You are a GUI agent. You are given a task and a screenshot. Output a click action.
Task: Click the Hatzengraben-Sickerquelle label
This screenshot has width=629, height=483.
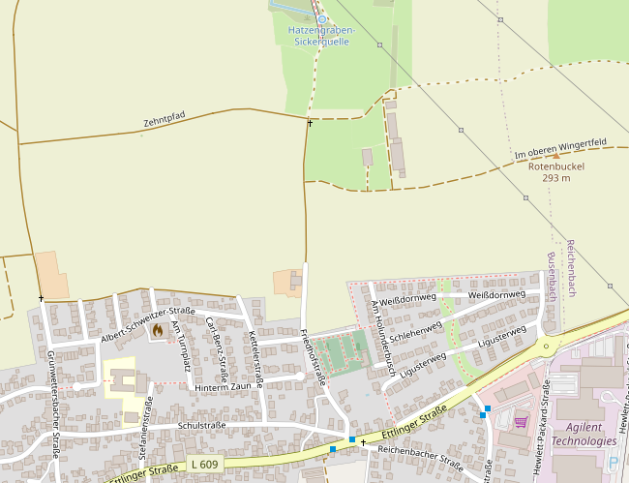click(321, 36)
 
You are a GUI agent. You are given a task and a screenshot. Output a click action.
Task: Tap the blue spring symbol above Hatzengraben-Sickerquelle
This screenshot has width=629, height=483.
click(322, 18)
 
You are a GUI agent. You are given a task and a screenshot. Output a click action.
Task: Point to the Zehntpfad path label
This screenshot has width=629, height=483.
click(164, 120)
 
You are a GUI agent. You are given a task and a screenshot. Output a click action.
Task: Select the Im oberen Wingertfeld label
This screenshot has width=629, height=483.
click(560, 148)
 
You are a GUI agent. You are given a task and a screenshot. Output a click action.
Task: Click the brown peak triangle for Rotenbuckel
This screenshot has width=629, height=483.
click(555, 155)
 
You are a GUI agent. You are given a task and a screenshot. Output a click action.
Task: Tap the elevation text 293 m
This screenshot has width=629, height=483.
click(555, 178)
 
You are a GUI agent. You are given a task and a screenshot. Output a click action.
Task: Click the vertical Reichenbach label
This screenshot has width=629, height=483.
click(570, 268)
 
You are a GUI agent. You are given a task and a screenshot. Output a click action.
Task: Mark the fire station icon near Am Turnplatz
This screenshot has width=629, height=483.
click(157, 330)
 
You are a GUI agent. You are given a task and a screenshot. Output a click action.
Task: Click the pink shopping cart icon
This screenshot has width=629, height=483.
click(521, 422)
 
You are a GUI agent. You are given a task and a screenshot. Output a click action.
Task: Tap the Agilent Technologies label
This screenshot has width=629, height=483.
click(584, 434)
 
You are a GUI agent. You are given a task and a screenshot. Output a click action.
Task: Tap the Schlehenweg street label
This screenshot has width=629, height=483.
click(415, 331)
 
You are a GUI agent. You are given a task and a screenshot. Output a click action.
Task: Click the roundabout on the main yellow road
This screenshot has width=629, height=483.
click(550, 345)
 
